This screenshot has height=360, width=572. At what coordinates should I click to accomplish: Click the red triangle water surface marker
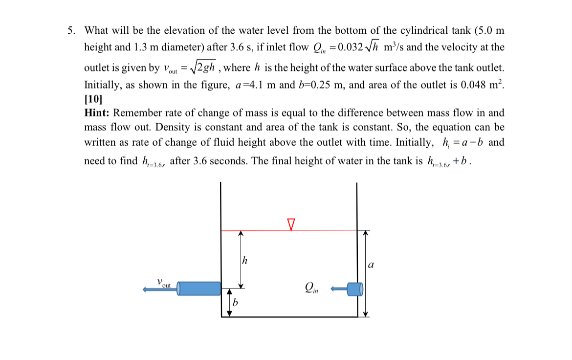[x=291, y=225]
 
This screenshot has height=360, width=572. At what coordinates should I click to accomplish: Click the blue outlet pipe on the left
[x=198, y=288]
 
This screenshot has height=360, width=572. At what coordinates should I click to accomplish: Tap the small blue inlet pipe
[x=354, y=289]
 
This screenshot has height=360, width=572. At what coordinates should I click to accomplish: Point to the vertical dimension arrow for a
[x=365, y=274]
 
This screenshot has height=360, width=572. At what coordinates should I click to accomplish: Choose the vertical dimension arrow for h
[x=240, y=259]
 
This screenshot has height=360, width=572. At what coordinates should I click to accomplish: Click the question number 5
[x=71, y=30]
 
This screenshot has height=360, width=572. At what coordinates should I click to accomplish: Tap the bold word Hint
[x=97, y=113]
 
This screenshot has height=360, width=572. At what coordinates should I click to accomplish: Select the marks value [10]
[x=92, y=99]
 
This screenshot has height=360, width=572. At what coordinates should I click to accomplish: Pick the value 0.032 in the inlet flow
[x=348, y=47]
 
